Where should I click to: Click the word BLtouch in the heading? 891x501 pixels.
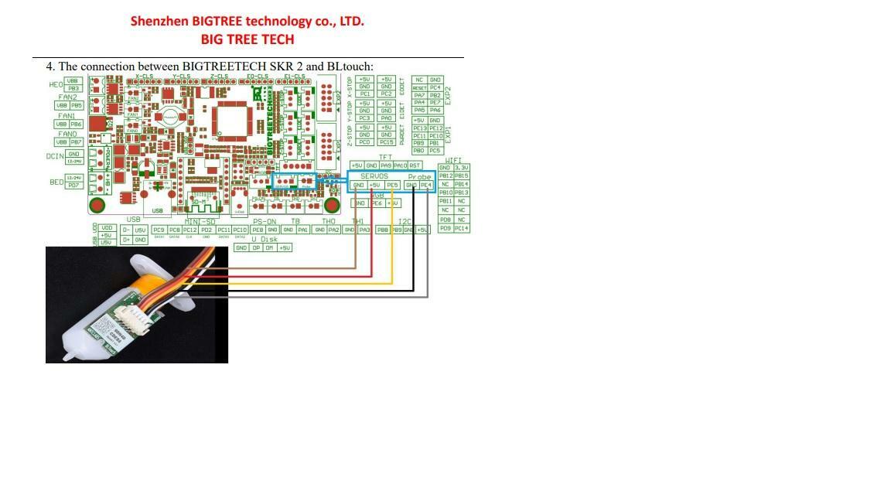[x=350, y=66]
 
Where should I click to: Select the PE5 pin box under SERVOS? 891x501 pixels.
[x=392, y=186]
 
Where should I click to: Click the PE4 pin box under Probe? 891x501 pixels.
[x=425, y=186]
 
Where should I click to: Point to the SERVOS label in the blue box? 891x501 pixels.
[x=374, y=176]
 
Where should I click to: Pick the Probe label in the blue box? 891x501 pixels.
[x=419, y=177]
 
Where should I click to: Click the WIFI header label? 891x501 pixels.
[x=453, y=161]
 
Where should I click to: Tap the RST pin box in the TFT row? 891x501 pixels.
[x=415, y=165]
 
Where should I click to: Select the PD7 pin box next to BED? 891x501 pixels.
[x=74, y=186]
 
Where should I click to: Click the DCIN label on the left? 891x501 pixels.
[x=54, y=156]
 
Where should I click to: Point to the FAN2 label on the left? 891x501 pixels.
[x=67, y=97]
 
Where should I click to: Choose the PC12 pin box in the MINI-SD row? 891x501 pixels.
[x=190, y=230]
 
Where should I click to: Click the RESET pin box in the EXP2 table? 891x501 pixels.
[x=420, y=88]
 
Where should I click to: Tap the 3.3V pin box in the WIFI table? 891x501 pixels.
[x=462, y=168]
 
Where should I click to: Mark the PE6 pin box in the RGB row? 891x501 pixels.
[x=377, y=203]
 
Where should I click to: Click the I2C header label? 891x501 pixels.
[x=404, y=222]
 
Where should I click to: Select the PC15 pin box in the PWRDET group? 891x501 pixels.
[x=387, y=142]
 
